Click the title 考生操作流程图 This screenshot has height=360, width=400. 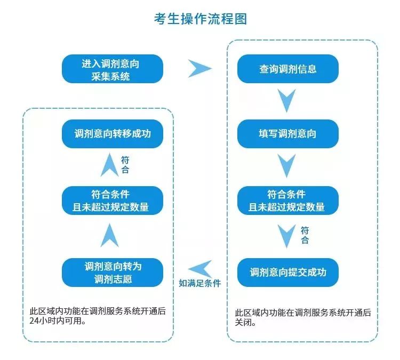click(201, 19)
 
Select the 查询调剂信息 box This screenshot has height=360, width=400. click(288, 69)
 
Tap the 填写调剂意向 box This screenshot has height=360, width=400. click(288, 134)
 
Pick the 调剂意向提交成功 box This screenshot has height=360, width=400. click(288, 272)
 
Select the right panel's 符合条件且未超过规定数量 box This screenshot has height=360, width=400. click(288, 201)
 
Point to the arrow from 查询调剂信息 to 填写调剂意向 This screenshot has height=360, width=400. click(287, 100)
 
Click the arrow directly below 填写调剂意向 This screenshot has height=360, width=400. click(287, 165)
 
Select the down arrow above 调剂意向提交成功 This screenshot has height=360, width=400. click(287, 235)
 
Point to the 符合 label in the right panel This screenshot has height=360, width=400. click(305, 235)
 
